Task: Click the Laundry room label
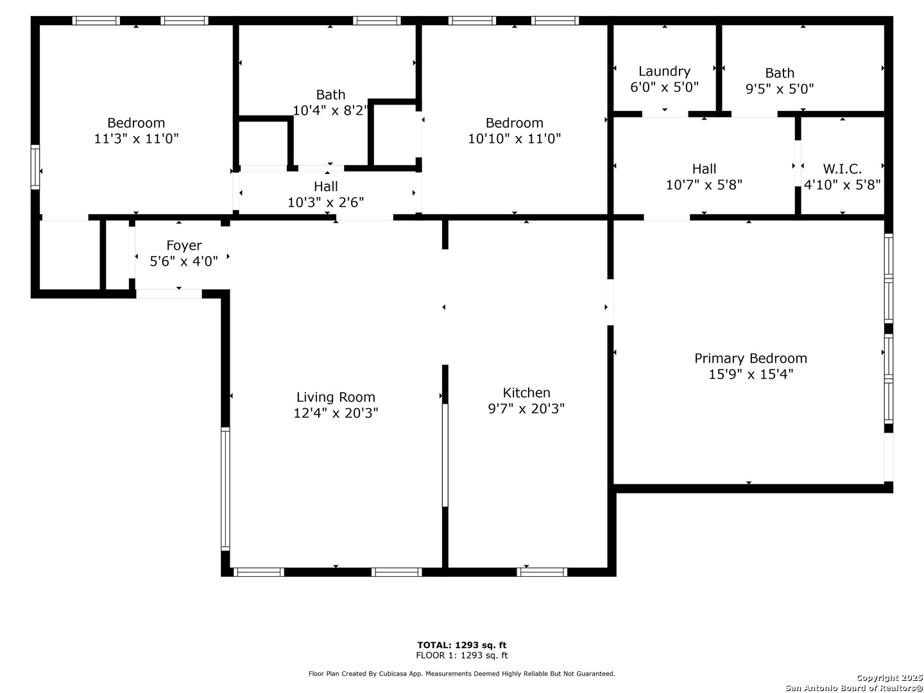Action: (664, 71)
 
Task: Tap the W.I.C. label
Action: (842, 169)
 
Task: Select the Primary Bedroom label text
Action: (750, 358)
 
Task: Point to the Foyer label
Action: (184, 245)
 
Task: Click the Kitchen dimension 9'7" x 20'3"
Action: (526, 408)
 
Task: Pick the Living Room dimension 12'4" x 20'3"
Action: (336, 413)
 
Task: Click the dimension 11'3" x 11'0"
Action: (136, 139)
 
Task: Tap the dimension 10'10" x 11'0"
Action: (514, 139)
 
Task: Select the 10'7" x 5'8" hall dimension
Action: (703, 185)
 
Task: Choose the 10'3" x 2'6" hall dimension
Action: (325, 202)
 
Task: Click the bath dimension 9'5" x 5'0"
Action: (779, 89)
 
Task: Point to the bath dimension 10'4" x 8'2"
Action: (330, 110)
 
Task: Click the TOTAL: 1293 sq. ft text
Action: (461, 645)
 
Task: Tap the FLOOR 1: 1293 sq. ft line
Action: (461, 655)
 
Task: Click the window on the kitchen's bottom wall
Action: (542, 572)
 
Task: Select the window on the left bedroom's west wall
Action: (35, 167)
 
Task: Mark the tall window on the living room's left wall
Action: (225, 489)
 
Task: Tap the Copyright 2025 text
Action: (889, 678)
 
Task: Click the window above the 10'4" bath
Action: (376, 21)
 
